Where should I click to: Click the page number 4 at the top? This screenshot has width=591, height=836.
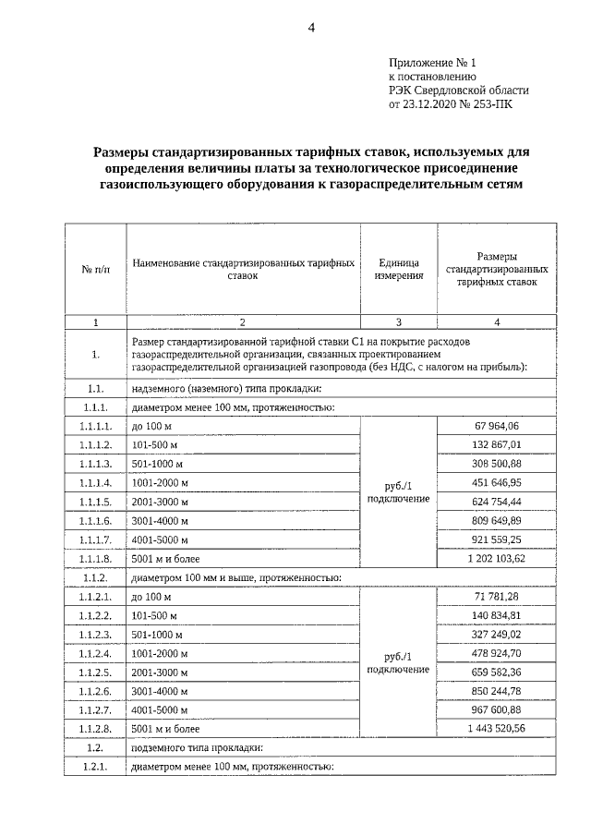[x=311, y=28]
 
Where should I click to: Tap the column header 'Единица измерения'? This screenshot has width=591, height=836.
[x=399, y=268]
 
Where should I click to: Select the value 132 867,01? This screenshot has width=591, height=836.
[x=496, y=443]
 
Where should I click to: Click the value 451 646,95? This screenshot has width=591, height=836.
[x=496, y=481]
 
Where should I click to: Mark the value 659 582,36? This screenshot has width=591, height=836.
[x=496, y=671]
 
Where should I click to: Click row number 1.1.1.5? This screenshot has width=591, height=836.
[x=96, y=502]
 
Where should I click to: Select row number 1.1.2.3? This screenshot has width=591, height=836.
[x=96, y=635]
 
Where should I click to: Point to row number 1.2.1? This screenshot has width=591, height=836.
[x=96, y=767]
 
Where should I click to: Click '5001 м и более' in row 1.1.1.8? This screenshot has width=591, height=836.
[x=165, y=559]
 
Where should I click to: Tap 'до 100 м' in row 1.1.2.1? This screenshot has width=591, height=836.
[x=152, y=597]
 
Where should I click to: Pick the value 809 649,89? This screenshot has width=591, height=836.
[x=496, y=520]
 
